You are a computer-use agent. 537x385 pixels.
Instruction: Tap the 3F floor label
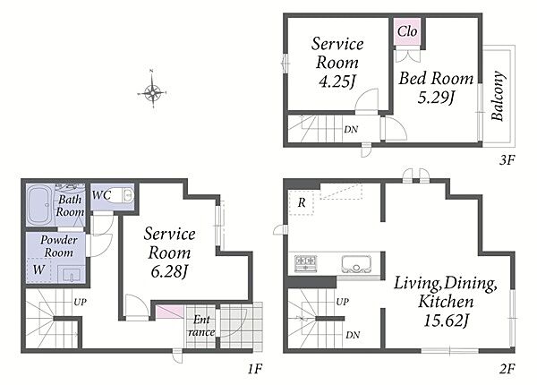click(x=507, y=160)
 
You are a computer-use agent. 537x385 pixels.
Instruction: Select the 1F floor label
click(x=255, y=369)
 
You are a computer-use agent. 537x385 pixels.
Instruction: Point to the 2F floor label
click(x=507, y=369)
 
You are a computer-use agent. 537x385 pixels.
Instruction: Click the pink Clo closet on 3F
click(x=407, y=31)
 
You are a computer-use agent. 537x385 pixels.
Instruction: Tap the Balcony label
click(x=499, y=96)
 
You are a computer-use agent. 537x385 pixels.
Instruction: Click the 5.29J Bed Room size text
click(x=436, y=98)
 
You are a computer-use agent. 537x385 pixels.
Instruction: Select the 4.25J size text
click(x=337, y=81)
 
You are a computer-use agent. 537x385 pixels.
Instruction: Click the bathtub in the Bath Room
click(x=41, y=204)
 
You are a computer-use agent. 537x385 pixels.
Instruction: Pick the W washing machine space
click(x=38, y=269)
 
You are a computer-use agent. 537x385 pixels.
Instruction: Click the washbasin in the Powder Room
click(x=71, y=274)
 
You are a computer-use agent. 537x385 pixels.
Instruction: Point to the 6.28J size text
click(x=169, y=271)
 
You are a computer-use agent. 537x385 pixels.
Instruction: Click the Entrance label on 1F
click(x=201, y=325)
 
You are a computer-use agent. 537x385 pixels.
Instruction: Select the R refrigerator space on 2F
click(x=302, y=202)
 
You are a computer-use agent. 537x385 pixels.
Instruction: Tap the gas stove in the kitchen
click(x=305, y=264)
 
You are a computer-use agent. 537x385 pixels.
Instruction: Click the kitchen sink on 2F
click(x=356, y=264)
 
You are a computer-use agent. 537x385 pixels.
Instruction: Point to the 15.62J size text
click(x=446, y=321)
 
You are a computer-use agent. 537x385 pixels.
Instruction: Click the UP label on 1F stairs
click(x=81, y=302)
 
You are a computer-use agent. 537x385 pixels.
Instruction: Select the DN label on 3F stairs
click(x=351, y=130)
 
